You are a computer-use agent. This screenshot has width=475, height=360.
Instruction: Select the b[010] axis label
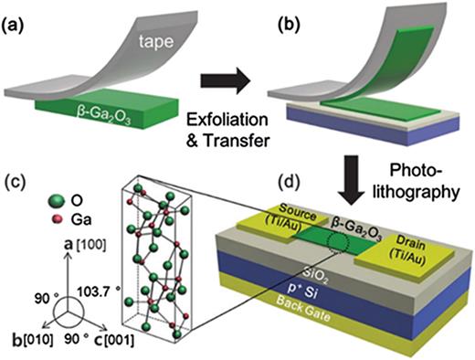point(28,342)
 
